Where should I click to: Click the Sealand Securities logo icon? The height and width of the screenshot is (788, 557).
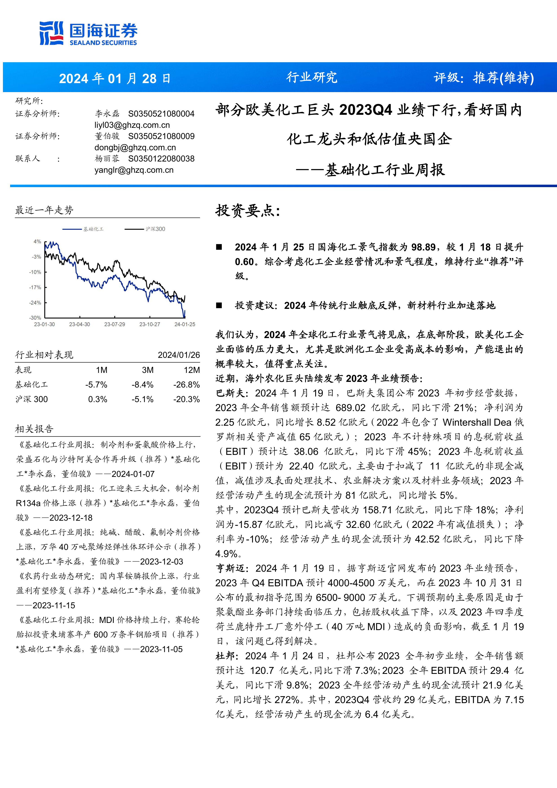pos(51,33)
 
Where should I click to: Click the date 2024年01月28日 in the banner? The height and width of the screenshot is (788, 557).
pos(114,79)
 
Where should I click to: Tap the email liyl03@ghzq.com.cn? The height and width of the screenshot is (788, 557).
pos(132,125)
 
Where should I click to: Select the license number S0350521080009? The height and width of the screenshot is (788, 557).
pos(161,136)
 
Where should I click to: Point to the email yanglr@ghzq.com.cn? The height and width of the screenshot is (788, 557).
pos(134,170)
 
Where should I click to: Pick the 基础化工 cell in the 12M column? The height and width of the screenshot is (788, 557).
pos(186,385)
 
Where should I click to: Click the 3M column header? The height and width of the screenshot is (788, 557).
pos(148,370)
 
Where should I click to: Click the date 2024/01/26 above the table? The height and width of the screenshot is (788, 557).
pos(179,355)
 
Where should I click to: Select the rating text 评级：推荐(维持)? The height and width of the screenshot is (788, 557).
pos(484,78)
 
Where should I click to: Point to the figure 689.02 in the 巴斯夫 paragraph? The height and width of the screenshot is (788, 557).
pos(350,408)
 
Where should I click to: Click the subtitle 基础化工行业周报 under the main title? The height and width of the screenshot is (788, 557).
pos(385,170)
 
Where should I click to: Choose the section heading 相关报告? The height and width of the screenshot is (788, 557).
pos(34,429)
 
